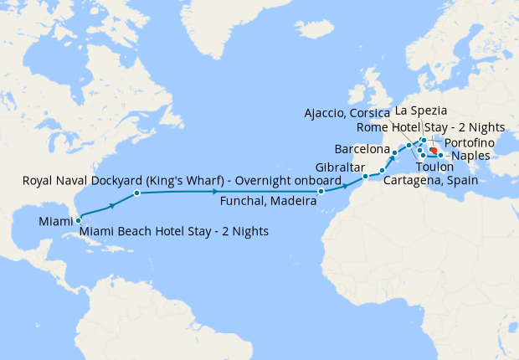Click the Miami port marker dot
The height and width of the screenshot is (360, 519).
(x=78, y=220)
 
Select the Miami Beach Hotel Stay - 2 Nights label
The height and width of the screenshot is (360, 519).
(x=174, y=231)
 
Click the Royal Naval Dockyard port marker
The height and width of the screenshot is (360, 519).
(x=136, y=193)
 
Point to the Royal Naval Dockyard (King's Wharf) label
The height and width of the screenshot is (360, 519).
(x=181, y=181)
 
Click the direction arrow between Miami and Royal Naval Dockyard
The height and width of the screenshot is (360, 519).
(x=111, y=205)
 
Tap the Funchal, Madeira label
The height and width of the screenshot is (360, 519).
(x=267, y=201)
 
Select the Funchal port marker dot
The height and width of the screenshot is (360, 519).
(x=321, y=192)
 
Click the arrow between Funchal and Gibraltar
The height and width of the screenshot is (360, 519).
(x=345, y=185)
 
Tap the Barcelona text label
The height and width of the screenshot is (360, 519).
(x=362, y=149)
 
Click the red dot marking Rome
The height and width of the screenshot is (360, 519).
(x=434, y=150)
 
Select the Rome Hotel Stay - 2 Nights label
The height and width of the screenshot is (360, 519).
(x=429, y=127)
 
